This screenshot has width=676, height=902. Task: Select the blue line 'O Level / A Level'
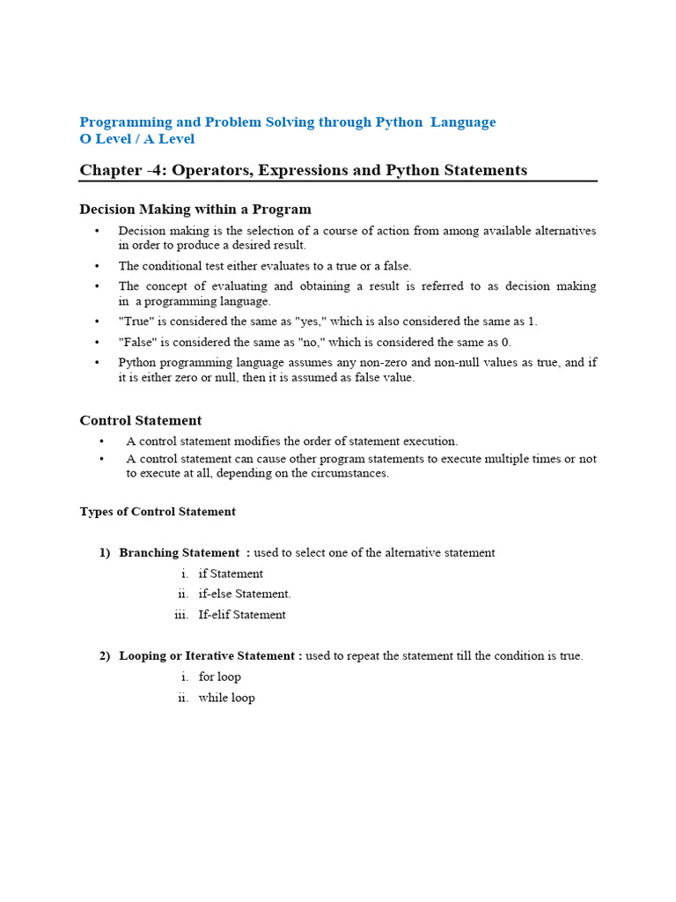point(137,139)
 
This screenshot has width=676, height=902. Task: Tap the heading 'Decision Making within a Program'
point(195,210)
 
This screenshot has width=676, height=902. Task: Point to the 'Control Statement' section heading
point(141,421)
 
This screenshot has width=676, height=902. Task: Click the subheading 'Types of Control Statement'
point(158,512)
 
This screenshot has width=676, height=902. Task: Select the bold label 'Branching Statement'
point(180,553)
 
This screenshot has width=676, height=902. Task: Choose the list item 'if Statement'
point(231,573)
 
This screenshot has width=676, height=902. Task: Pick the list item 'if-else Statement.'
point(245,594)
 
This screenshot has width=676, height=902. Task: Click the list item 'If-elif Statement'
point(242,615)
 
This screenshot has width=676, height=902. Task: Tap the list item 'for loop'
point(220,676)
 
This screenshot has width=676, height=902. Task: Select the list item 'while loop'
point(227,698)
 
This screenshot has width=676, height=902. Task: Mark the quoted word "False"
point(137,342)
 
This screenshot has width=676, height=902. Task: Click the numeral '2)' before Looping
point(105,656)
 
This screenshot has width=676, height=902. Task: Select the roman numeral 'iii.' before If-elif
point(181,615)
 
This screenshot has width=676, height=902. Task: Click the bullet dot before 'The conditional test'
point(97,266)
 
